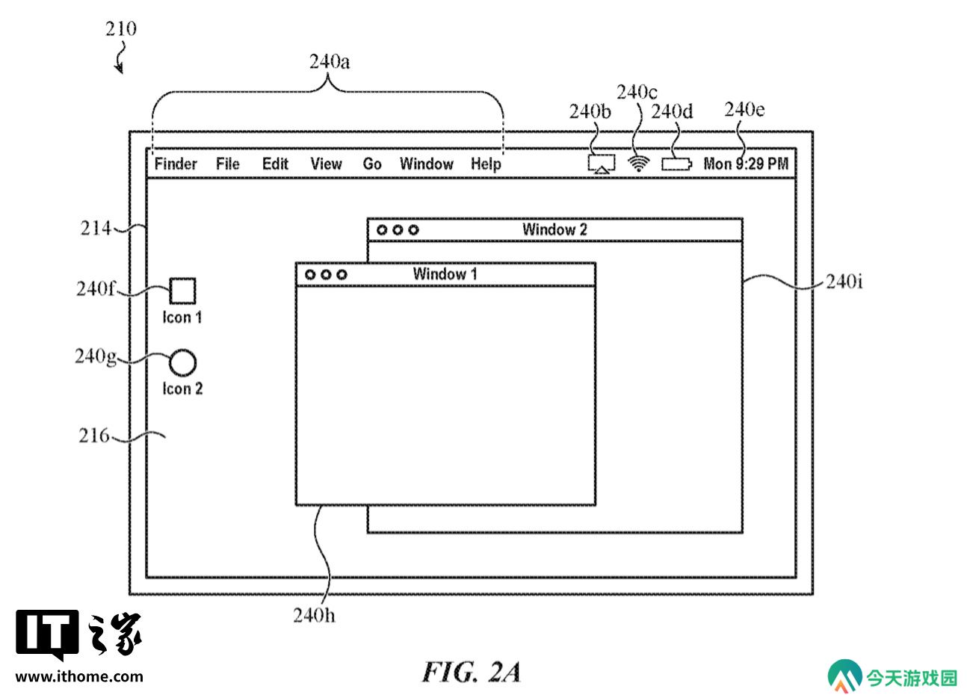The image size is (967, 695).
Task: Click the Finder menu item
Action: [176, 164]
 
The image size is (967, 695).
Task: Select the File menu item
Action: [227, 164]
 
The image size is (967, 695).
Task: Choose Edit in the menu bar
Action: [275, 164]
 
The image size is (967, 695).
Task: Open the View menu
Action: [326, 164]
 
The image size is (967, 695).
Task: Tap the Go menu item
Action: [371, 164]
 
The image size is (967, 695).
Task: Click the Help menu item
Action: [486, 164]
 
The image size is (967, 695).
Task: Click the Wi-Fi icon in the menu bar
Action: [638, 164]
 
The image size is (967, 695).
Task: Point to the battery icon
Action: [676, 164]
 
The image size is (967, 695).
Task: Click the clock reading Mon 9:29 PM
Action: [746, 164]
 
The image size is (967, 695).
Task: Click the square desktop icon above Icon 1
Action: [182, 291]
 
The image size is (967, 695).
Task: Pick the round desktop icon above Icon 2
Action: [182, 362]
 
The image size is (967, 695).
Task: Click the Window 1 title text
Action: [445, 274]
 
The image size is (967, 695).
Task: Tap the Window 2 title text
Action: [554, 229]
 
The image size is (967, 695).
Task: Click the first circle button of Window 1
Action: [310, 274]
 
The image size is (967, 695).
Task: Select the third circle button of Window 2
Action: [413, 229]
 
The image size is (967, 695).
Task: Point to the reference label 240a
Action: [330, 62]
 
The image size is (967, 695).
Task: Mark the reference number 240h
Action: [314, 615]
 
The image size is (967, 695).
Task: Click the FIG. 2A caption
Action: [471, 672]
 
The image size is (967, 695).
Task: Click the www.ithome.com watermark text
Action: [79, 676]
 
